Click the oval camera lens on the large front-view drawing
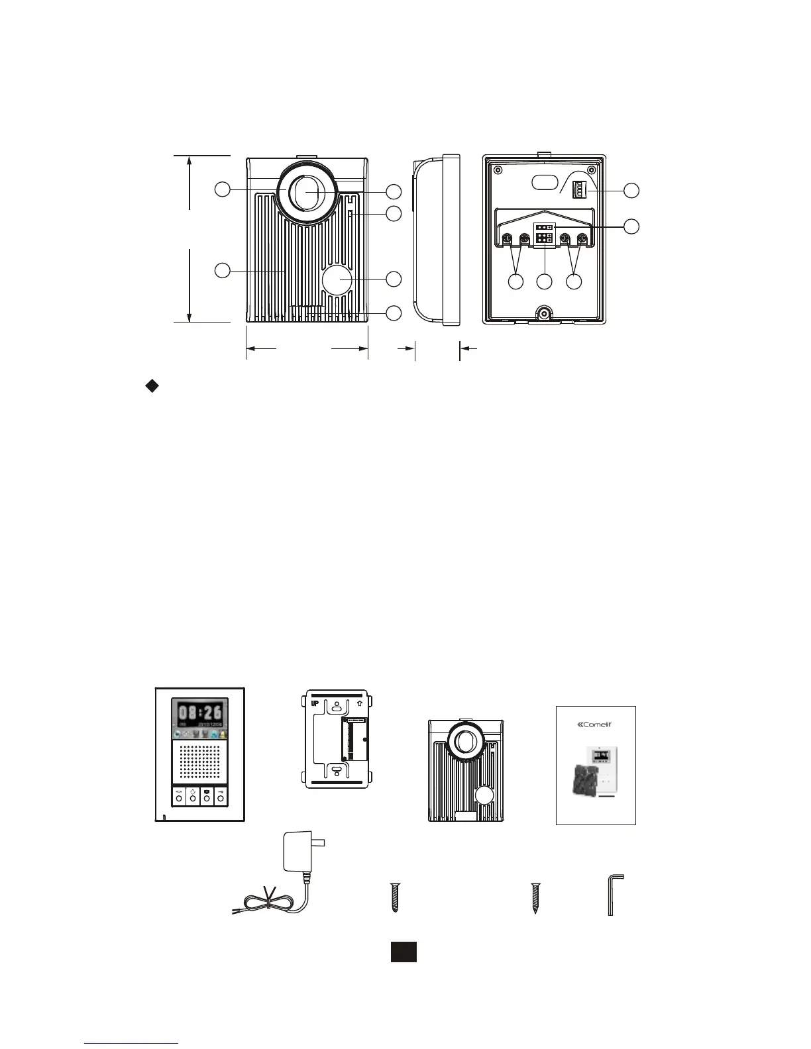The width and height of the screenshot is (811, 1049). point(307,191)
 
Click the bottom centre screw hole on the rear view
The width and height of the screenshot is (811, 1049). point(544,314)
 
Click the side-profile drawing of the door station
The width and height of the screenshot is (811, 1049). point(436,240)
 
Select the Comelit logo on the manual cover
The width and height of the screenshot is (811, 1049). point(595,724)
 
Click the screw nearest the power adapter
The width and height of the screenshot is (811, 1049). point(395,898)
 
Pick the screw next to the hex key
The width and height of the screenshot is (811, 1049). point(535,898)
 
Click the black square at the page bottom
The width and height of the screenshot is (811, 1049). point(403,951)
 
